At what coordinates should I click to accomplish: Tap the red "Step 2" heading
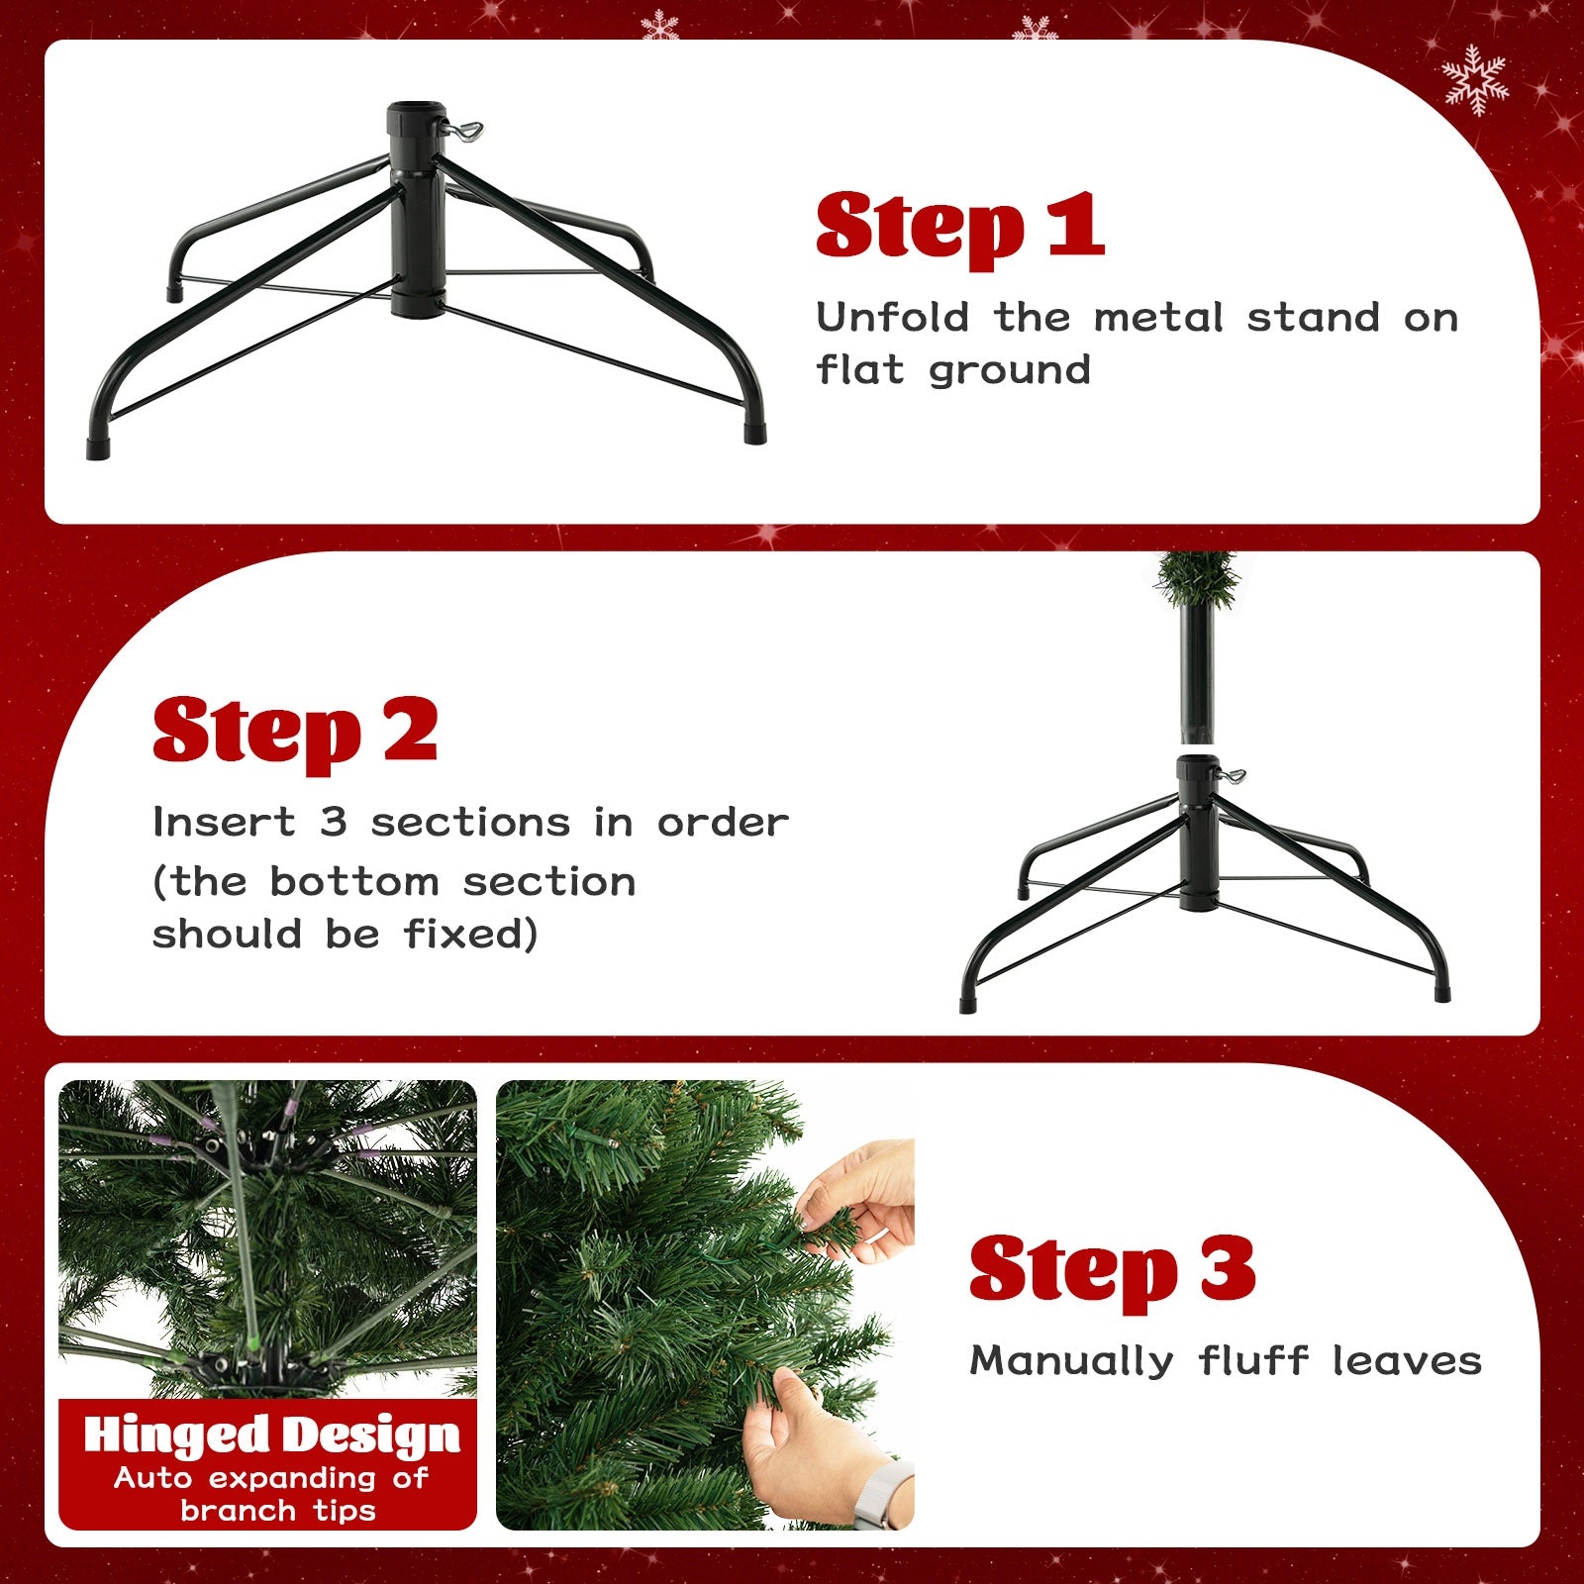294,733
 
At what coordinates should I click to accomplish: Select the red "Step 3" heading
1112,1271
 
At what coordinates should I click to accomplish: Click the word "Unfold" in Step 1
893,318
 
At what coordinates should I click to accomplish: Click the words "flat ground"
952,370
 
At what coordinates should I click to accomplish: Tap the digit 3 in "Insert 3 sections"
333,822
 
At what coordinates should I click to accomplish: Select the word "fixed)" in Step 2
470,934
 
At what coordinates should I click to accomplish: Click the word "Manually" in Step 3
1071,1361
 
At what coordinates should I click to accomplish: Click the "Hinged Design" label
271,1435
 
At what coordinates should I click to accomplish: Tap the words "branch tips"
278,1511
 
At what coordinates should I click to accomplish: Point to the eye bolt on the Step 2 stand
1235,774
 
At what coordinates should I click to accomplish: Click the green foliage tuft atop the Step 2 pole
1197,577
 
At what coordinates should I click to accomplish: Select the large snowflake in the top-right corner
1474,80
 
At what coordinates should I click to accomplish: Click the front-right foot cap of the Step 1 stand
754,434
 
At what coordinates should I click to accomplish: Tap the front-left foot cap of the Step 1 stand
98,448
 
